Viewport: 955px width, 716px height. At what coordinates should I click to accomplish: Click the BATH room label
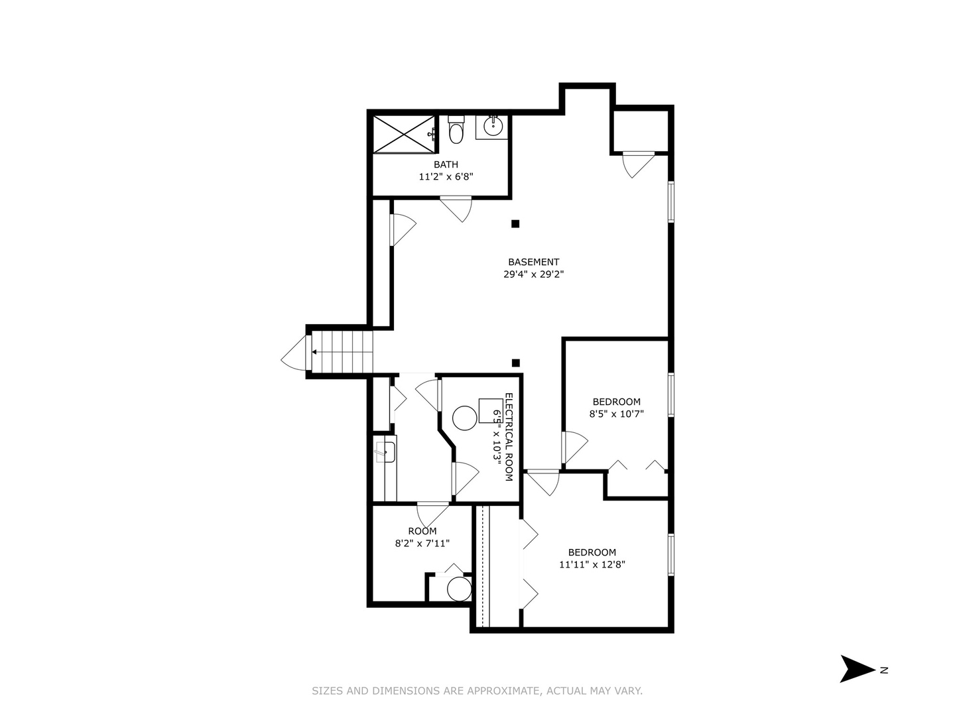(446, 164)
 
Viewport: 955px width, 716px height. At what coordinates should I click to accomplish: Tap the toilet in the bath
(456, 131)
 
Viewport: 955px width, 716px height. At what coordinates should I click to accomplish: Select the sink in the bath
(492, 125)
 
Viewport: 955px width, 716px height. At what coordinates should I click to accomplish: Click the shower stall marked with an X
(403, 135)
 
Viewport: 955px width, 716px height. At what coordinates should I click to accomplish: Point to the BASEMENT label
(533, 262)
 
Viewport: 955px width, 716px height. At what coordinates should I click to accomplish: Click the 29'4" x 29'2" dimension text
(533, 274)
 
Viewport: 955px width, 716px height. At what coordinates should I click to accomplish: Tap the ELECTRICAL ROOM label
(509, 437)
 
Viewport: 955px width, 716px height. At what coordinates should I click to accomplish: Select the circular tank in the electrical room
(464, 418)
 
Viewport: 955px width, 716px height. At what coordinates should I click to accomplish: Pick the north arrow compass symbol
(857, 669)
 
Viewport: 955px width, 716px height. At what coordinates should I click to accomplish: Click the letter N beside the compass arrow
(884, 670)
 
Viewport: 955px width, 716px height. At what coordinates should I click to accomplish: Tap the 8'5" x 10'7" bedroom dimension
(616, 414)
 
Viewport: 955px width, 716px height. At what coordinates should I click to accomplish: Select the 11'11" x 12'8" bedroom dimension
(592, 565)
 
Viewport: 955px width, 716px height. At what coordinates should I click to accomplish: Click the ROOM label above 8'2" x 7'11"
(422, 531)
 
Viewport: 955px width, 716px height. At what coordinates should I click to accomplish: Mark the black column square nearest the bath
(515, 224)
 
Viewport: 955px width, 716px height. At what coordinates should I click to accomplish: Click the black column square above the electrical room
(516, 363)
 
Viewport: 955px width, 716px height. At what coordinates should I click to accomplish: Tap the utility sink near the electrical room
(385, 452)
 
